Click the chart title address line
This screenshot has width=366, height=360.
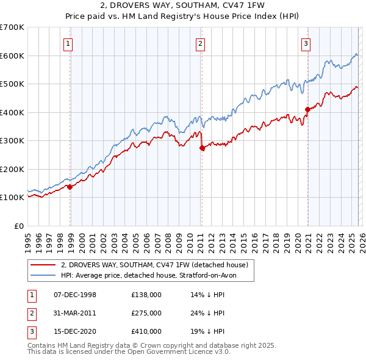coord(182,5)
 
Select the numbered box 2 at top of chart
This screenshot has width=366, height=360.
coord(200,43)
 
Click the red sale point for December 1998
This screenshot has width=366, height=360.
coord(70,187)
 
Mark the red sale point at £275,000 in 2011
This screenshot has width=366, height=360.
coord(203,148)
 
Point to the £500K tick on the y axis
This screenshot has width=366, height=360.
coord(12,84)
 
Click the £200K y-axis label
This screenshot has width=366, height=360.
coord(12,169)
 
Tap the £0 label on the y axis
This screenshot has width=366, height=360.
coord(18,226)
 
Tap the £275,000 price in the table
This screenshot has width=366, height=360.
coord(146,313)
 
